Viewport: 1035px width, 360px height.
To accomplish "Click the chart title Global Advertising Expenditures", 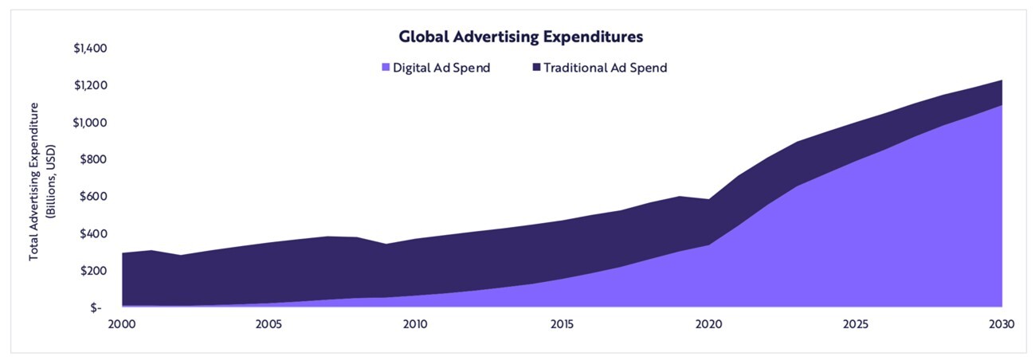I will tap(520, 37).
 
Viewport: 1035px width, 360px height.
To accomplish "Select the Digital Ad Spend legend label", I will tap(441, 68).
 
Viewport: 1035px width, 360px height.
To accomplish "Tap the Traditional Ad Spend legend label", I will tap(605, 68).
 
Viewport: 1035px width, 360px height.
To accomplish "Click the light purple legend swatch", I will tap(386, 68).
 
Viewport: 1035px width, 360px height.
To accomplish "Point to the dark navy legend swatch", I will tap(537, 68).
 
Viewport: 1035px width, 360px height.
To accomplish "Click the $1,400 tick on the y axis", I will tap(90, 49).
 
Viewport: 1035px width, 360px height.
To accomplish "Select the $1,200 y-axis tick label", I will tap(90, 86).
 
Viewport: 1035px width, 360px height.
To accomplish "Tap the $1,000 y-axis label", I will tap(90, 123).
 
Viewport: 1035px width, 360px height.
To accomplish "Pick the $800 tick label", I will tap(95, 159).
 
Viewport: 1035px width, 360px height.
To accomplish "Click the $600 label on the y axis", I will tap(95, 197).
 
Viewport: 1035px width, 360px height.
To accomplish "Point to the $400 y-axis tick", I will tap(95, 234).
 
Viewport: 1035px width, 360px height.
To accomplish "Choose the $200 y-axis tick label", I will tap(95, 271).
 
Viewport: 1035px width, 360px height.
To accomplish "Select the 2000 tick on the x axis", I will tap(122, 324).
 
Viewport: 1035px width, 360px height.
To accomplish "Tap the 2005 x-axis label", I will tap(269, 324).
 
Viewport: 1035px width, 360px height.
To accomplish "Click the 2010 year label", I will tap(415, 324).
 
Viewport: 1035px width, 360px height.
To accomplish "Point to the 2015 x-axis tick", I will tap(562, 324).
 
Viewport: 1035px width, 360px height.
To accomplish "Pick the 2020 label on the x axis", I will tap(708, 324).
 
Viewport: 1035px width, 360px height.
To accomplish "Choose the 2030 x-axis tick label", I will tap(1002, 324).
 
